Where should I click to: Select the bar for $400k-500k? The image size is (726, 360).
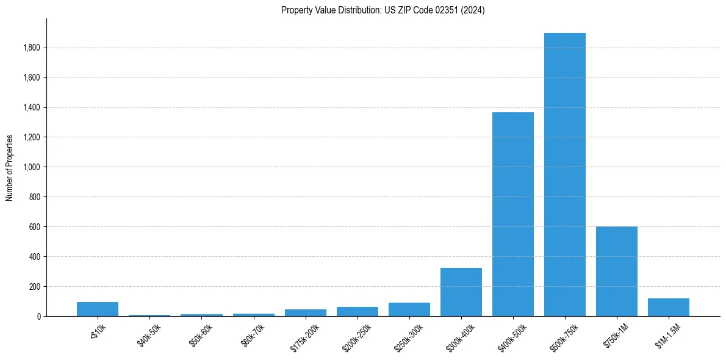pyautogui.click(x=513, y=214)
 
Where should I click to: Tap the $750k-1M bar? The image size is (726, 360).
pyautogui.click(x=617, y=272)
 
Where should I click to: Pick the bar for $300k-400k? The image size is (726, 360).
pyautogui.click(x=461, y=292)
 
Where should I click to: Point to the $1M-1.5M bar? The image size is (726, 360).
pyautogui.click(x=669, y=308)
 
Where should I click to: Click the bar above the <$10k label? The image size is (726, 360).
pyautogui.click(x=98, y=309)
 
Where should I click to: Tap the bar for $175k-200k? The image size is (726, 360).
pyautogui.click(x=306, y=312)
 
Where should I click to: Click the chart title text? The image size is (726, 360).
pyautogui.click(x=383, y=10)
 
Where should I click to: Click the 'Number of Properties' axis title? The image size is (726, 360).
pyautogui.click(x=10, y=168)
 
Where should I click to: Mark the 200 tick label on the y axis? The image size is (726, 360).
pyautogui.click(x=35, y=287)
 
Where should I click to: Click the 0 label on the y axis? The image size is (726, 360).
pyautogui.click(x=38, y=317)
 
